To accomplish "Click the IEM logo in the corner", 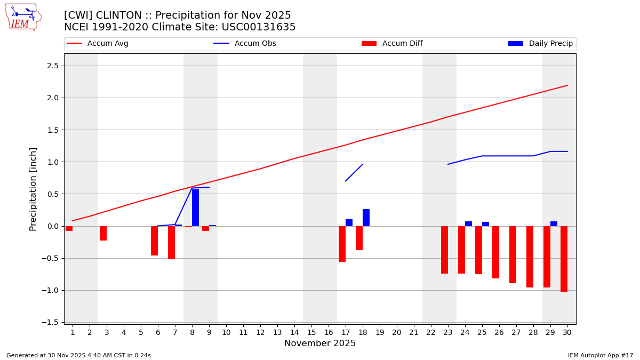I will point(23,17).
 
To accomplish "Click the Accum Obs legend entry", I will point(245,44).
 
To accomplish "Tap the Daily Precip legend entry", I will point(541,44).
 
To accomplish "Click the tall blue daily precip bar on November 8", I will point(195,207).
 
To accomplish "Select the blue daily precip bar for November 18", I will point(366,218).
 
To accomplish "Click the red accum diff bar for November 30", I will point(564,259).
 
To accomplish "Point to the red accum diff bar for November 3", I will point(103,233).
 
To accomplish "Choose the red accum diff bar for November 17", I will point(342,244).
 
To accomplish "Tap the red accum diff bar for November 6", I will point(154,241).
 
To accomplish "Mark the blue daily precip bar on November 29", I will point(554,223).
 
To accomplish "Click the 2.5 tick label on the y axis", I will point(53,66).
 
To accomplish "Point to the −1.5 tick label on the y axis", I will point(51,322).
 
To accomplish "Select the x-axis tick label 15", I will point(311,332).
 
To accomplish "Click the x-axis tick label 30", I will point(567,332).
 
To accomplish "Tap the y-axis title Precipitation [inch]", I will point(33,189).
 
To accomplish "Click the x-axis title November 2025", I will point(319,343).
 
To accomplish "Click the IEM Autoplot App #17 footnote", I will point(601,355).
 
